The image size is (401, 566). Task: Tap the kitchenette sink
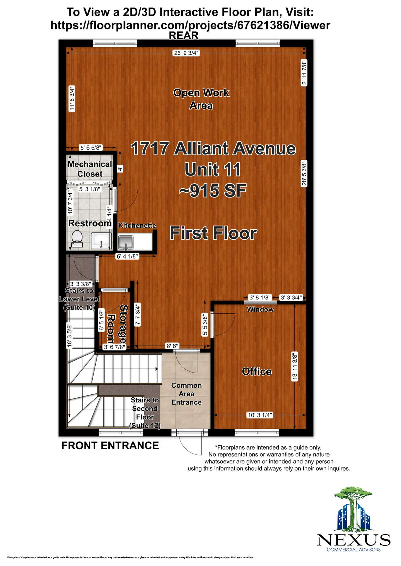[x=126, y=242]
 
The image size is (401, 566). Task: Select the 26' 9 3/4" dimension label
[x=186, y=53]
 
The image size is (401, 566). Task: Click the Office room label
[x=257, y=371]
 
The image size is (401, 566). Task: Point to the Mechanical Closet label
[x=90, y=169]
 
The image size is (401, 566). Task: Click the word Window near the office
[x=260, y=310]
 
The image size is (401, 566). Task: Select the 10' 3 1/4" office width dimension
[x=260, y=415]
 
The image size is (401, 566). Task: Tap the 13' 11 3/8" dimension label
[x=295, y=366]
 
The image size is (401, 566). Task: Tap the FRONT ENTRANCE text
[x=110, y=445]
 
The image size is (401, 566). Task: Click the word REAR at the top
[x=183, y=35]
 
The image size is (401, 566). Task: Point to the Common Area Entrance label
[x=186, y=394]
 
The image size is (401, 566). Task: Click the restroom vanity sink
[x=101, y=241]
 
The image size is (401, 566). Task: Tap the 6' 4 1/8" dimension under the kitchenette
[x=127, y=256]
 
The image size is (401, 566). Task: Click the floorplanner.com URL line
[x=190, y=25]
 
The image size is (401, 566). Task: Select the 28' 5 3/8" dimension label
[x=304, y=173]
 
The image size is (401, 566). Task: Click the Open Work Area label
[x=201, y=99]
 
